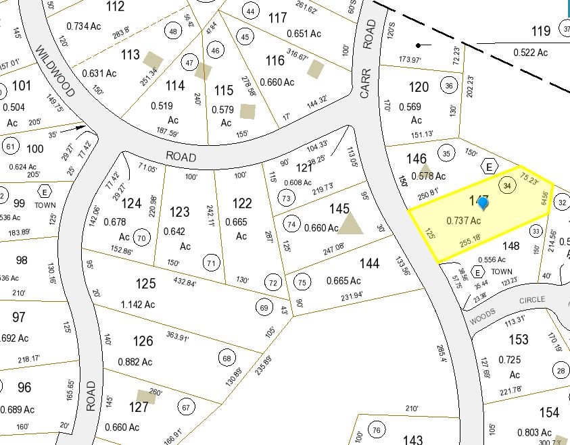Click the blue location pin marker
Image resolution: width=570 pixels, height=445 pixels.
pyautogui.click(x=483, y=202)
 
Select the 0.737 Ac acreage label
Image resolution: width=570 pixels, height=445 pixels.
pyautogui.click(x=463, y=221)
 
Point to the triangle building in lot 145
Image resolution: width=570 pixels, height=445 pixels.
pyautogui.click(x=350, y=224)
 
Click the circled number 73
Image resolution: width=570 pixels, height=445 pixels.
pyautogui.click(x=287, y=198)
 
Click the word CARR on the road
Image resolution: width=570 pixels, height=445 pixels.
pyautogui.click(x=366, y=86)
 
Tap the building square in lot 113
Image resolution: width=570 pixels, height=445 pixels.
pyautogui.click(x=153, y=60)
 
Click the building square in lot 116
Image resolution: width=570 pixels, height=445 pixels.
pyautogui.click(x=315, y=68)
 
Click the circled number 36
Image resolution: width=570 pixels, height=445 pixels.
pyautogui.click(x=449, y=86)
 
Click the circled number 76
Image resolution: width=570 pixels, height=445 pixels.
pyautogui.click(x=377, y=430)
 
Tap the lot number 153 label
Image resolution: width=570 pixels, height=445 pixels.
pyautogui.click(x=518, y=340)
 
